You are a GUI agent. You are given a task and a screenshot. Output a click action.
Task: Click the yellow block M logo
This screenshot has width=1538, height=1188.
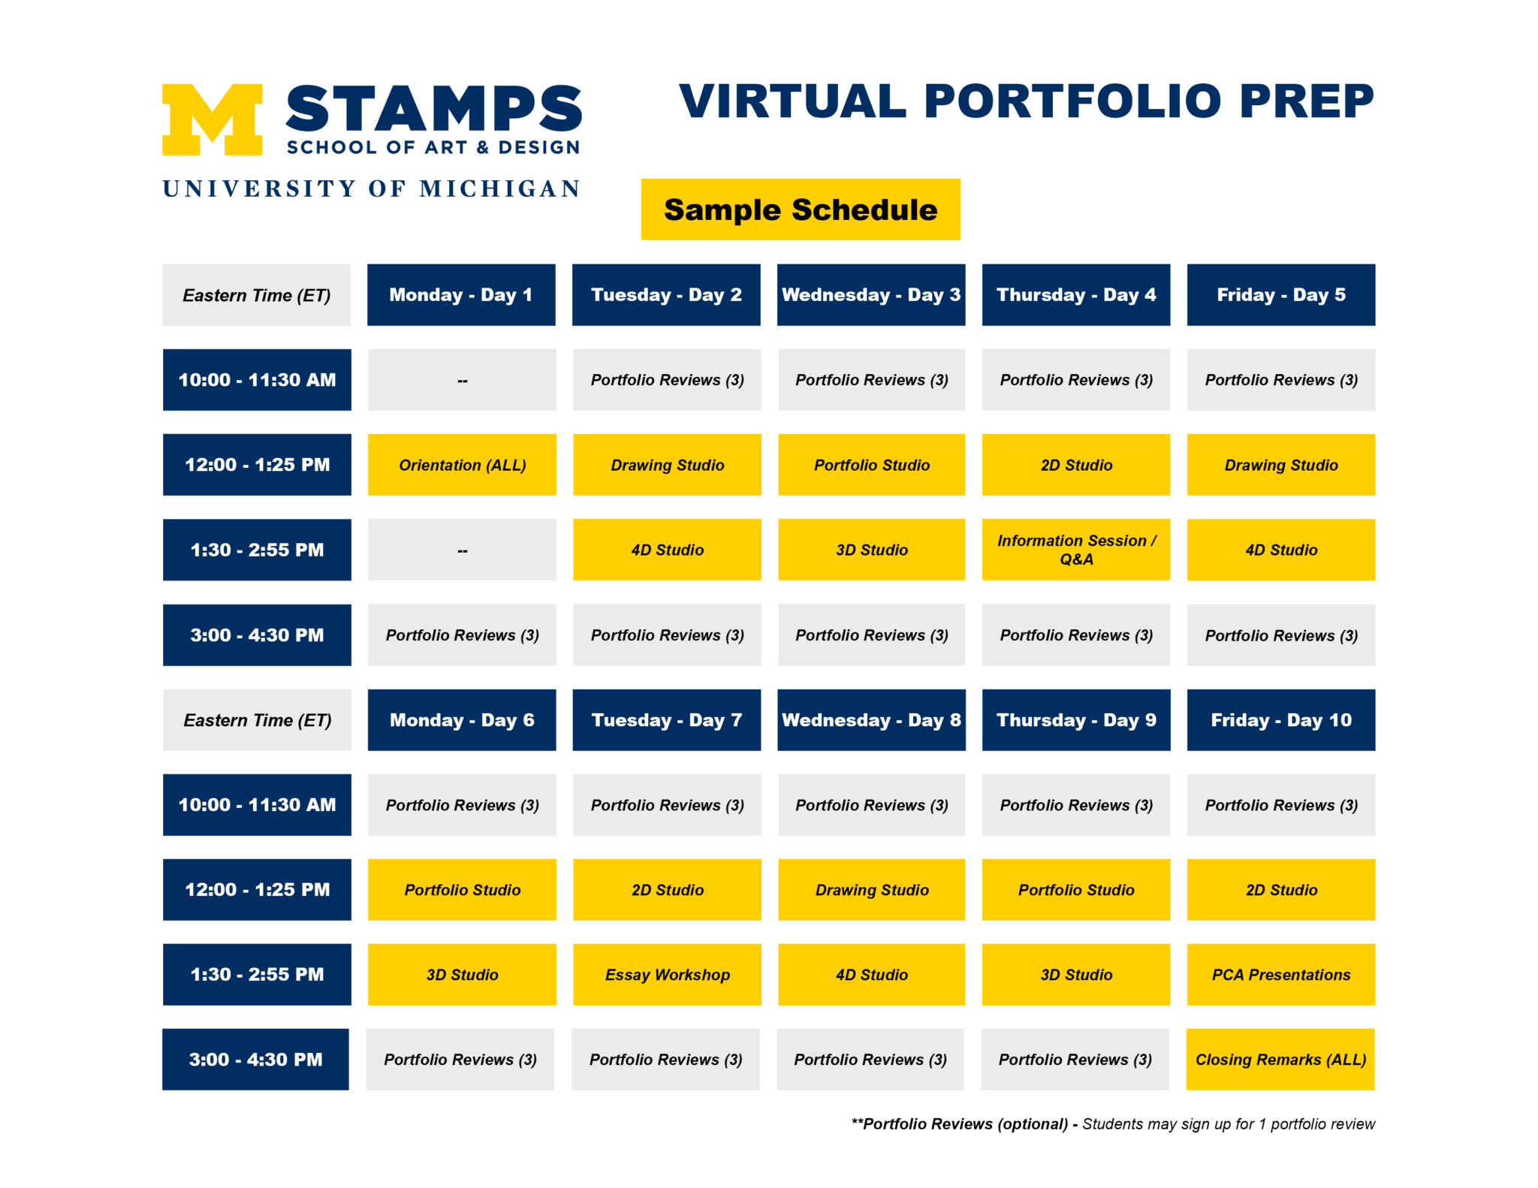click(212, 119)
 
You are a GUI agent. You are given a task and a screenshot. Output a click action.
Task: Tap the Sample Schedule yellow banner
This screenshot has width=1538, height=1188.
click(800, 210)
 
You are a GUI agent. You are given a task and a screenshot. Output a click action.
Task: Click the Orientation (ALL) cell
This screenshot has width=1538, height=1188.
click(462, 465)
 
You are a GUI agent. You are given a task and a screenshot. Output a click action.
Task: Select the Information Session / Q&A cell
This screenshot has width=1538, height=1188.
click(1075, 550)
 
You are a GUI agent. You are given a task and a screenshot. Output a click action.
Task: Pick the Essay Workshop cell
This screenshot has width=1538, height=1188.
click(667, 975)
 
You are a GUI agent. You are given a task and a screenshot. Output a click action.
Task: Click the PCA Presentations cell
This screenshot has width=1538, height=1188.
click(1280, 975)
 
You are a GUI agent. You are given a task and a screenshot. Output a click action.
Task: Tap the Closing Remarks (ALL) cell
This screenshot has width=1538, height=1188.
click(1280, 1060)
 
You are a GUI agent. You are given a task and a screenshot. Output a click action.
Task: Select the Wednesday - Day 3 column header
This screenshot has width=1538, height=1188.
click(871, 295)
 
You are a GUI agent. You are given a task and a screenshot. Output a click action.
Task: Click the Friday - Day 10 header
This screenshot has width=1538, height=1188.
click(1280, 720)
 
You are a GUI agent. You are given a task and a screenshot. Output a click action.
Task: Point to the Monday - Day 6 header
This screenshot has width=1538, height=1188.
click(462, 720)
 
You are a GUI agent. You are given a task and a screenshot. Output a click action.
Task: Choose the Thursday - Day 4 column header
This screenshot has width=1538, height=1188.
click(1075, 295)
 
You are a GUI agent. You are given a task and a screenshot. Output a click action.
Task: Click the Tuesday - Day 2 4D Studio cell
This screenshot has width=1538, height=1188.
click(667, 550)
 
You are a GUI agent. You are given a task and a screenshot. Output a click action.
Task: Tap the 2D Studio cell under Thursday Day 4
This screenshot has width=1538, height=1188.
click(1075, 465)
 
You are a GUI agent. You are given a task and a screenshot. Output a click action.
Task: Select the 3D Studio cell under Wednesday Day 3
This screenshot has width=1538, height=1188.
click(871, 550)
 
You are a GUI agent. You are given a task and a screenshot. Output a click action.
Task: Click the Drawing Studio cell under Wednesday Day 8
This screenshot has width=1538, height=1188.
click(871, 890)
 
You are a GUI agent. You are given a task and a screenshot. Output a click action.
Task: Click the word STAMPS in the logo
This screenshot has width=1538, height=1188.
click(433, 109)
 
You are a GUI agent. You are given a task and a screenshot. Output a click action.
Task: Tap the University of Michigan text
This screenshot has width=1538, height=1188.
click(372, 188)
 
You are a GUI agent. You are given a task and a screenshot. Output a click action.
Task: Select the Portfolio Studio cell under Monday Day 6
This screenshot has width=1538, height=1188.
click(462, 890)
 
